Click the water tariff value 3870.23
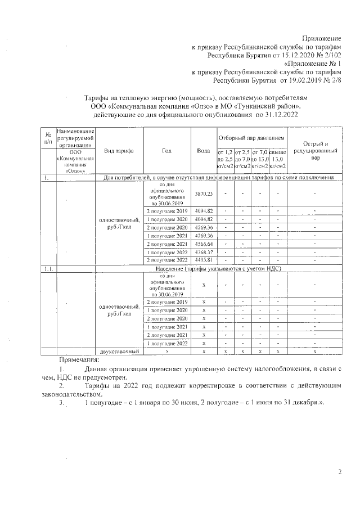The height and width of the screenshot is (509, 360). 203,193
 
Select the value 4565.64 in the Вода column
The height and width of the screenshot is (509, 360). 203,244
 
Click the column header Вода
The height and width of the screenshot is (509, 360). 203,151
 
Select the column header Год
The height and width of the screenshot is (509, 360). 166,151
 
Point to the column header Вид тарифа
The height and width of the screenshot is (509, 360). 118,151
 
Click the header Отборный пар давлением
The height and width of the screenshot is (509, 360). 251,138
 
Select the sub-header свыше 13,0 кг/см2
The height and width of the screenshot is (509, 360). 278,159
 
